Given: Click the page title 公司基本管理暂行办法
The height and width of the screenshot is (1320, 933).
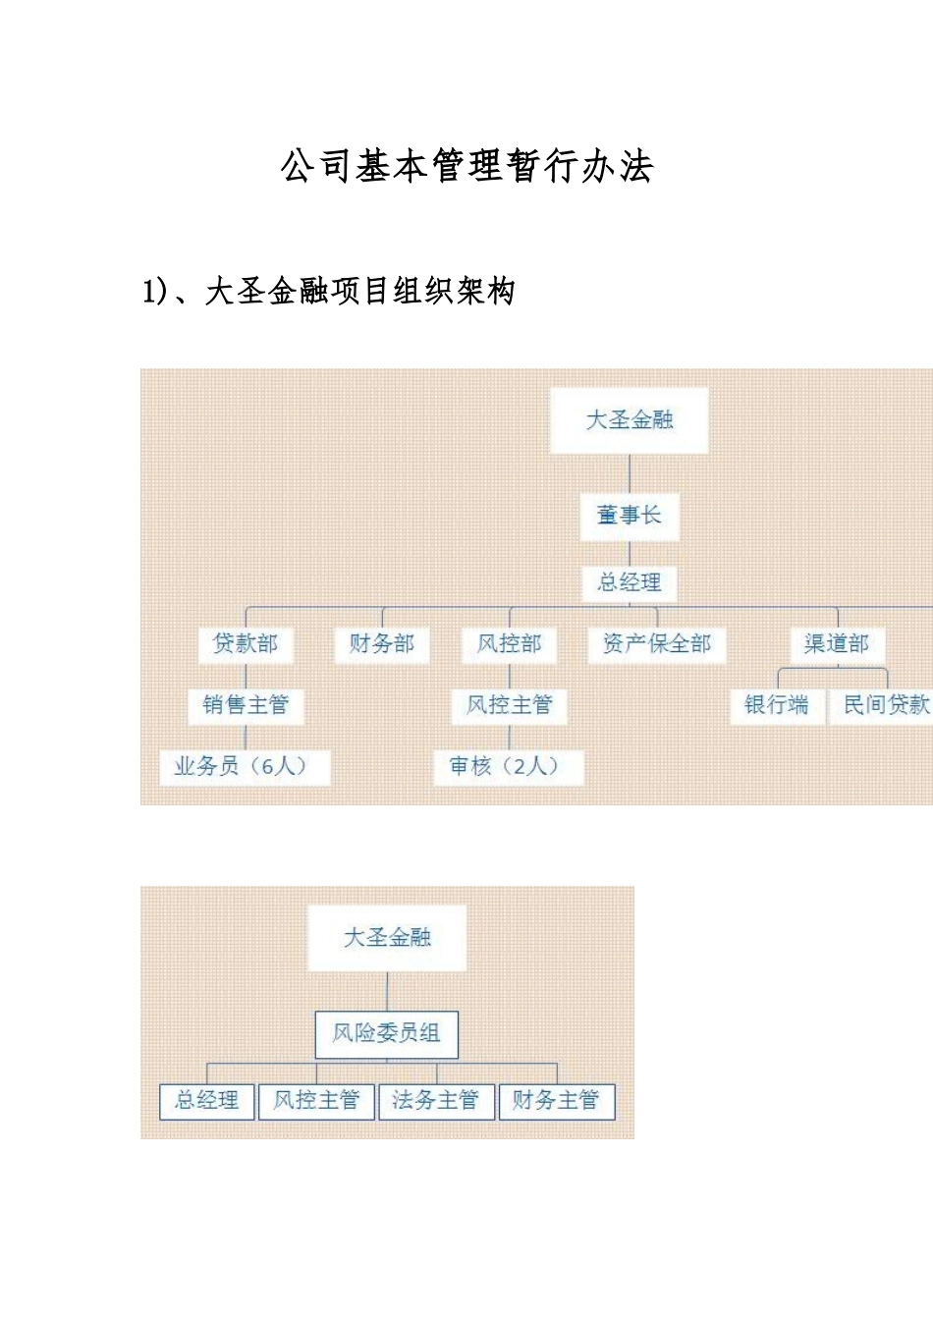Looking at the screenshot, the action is [466, 166].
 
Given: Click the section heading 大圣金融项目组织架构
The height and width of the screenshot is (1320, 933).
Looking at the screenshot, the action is [329, 292].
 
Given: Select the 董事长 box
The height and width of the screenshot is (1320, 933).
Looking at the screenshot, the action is [630, 515].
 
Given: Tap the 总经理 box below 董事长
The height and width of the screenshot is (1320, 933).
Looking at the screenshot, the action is [630, 582].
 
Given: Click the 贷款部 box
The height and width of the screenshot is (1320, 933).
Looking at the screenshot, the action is [246, 644].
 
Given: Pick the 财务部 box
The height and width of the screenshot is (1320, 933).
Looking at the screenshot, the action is [382, 644].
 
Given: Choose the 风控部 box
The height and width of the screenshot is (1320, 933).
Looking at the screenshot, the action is [510, 644].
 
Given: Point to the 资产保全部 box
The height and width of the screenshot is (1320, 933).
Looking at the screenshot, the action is [657, 644].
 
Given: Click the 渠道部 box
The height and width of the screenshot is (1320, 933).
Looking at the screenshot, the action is [837, 644].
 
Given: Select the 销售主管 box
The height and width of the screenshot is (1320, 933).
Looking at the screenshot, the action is [246, 705].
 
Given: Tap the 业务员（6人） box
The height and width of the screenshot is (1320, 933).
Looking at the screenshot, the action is [244, 766].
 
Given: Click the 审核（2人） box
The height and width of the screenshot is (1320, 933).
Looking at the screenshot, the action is [508, 766].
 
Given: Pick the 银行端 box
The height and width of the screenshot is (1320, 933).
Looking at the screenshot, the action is [777, 705].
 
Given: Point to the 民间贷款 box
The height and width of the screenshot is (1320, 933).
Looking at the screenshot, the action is [884, 705].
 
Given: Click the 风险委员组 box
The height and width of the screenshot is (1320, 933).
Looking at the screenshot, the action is [387, 1033].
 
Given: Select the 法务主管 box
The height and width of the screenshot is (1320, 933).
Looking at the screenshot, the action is [435, 1101].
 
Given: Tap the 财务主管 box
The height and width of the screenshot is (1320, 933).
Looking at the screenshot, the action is [556, 1101].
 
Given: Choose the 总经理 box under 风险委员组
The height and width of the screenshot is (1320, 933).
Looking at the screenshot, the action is [207, 1101].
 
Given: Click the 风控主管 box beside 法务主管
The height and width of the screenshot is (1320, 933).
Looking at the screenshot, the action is [316, 1101].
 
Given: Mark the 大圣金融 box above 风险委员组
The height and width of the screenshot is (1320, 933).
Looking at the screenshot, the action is [387, 938].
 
